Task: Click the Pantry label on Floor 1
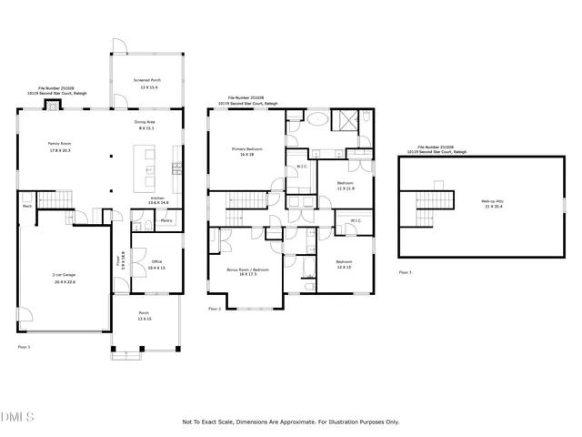coord(166,220)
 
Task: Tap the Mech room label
coord(27,207)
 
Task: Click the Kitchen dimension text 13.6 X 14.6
coord(158,203)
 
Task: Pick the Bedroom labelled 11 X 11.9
coord(346,188)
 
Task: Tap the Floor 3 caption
coord(406,272)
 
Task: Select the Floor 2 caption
coord(215,310)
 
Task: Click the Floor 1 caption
coord(25,347)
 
